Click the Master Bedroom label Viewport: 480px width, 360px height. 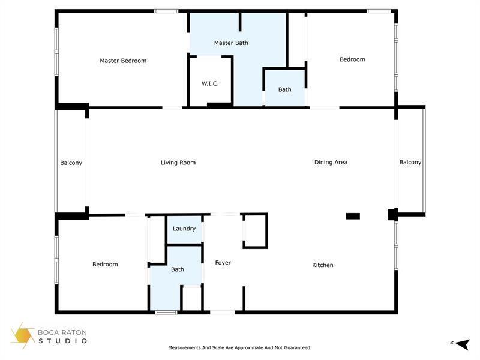[x=123, y=61]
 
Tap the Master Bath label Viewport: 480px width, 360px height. [x=231, y=43]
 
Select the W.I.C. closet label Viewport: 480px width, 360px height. [x=210, y=83]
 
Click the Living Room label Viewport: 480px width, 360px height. [x=178, y=163]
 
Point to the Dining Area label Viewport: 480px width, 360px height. [x=331, y=163]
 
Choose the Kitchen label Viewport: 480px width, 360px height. [x=322, y=265]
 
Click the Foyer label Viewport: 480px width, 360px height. [x=223, y=263]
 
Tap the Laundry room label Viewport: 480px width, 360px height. [x=184, y=229]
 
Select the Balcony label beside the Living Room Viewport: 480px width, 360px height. [x=71, y=163]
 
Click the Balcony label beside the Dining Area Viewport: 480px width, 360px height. [x=410, y=163]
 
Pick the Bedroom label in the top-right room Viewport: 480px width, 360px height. [x=352, y=59]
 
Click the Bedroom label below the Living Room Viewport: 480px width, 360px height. [x=105, y=265]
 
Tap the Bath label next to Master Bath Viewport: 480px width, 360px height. [x=285, y=90]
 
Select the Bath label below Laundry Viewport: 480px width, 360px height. [x=178, y=269]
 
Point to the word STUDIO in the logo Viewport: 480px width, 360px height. [x=63, y=341]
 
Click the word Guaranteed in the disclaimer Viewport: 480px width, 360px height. [x=297, y=348]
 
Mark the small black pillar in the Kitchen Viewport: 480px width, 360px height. [x=353, y=216]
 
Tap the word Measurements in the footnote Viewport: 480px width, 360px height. [x=184, y=348]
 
